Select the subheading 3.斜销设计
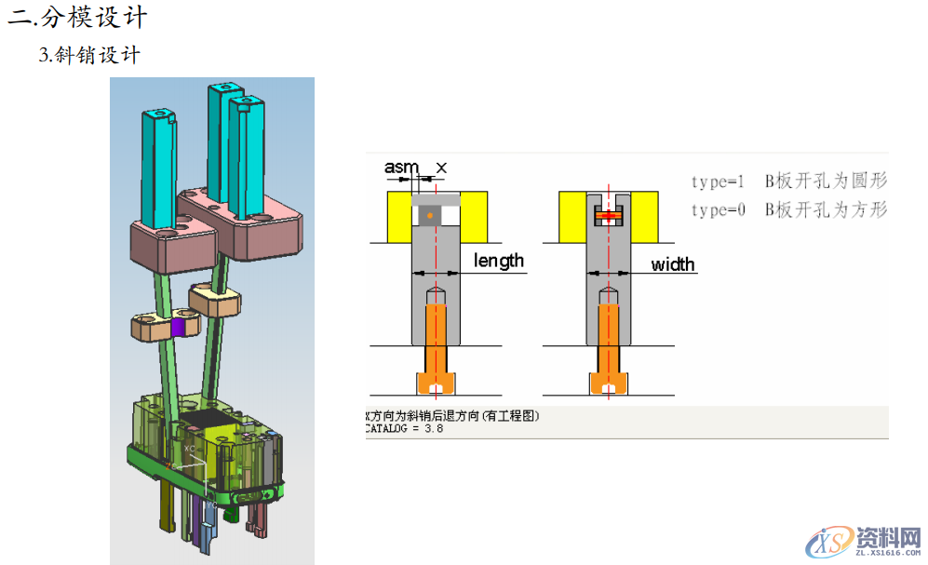pyautogui.click(x=89, y=55)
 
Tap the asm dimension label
pyautogui.click(x=401, y=168)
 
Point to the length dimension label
pyautogui.click(x=499, y=261)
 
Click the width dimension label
pyautogui.click(x=672, y=264)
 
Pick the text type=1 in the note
pyautogui.click(x=718, y=182)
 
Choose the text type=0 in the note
pyautogui.click(x=718, y=210)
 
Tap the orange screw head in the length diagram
pyautogui.click(x=437, y=383)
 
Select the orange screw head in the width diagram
pyautogui.click(x=608, y=383)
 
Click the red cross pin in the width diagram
pyautogui.click(x=608, y=216)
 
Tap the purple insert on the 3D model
pyautogui.click(x=179, y=328)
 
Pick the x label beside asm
pyautogui.click(x=441, y=168)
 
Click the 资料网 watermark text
pyautogui.click(x=884, y=538)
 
